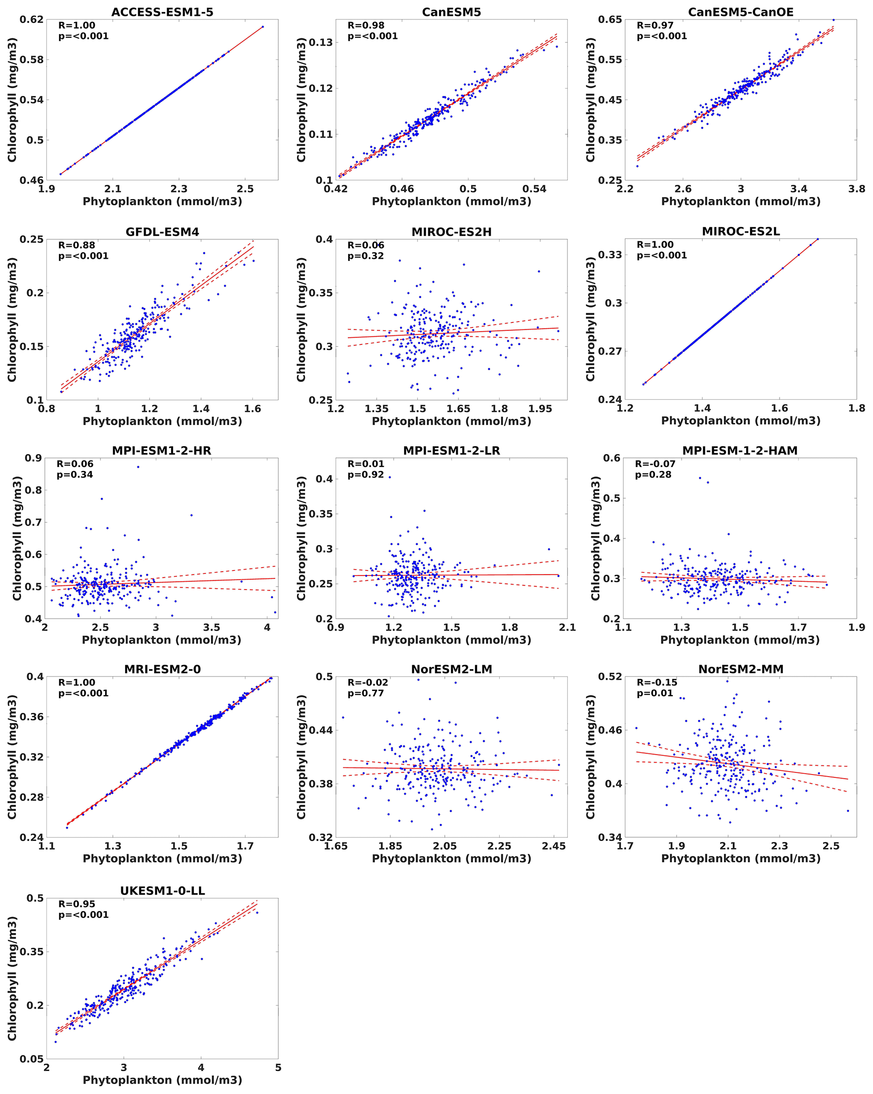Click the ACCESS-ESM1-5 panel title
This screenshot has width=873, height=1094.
(162, 12)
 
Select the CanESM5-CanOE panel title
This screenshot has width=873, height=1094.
(741, 12)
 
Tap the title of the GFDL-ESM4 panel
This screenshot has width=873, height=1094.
(162, 232)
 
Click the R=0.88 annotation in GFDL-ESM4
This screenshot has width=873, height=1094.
(76, 245)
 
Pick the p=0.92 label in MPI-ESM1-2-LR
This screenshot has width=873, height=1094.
(366, 475)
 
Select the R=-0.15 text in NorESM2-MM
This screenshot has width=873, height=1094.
(657, 682)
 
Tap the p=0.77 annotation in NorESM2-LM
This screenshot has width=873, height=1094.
(366, 693)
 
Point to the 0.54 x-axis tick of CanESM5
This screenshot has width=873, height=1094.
(534, 189)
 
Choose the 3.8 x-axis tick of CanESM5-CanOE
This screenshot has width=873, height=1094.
(856, 189)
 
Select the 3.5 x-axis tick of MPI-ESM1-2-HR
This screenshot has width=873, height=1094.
(212, 627)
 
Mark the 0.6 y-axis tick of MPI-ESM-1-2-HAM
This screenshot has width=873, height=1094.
(612, 458)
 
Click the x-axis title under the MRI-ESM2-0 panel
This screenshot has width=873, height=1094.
(162, 859)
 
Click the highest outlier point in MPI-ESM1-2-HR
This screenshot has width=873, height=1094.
(138, 467)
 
